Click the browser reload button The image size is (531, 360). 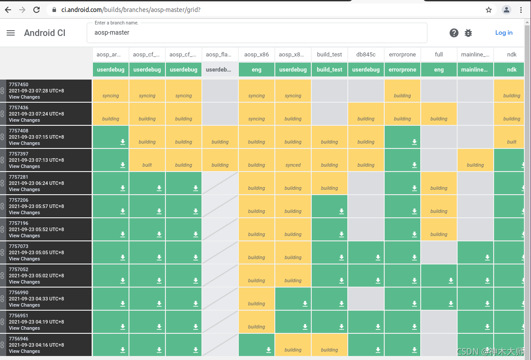[36, 10]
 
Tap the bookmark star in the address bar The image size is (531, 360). [489, 10]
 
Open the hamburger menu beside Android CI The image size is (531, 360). [11, 33]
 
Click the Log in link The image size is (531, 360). [503, 32]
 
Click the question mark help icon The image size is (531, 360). [454, 33]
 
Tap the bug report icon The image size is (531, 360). [468, 33]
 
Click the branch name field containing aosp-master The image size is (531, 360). [257, 33]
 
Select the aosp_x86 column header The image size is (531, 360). [256, 55]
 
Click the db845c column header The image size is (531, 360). [366, 55]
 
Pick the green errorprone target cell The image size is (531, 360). [402, 70]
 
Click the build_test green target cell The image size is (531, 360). [330, 70]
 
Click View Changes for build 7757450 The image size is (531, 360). [24, 97]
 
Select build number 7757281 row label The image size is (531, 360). [18, 177]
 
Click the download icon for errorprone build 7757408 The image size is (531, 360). [414, 142]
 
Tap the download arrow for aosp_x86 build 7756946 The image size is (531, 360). [268, 350]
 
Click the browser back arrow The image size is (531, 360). [8, 10]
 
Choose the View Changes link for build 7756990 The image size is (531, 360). [24, 305]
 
